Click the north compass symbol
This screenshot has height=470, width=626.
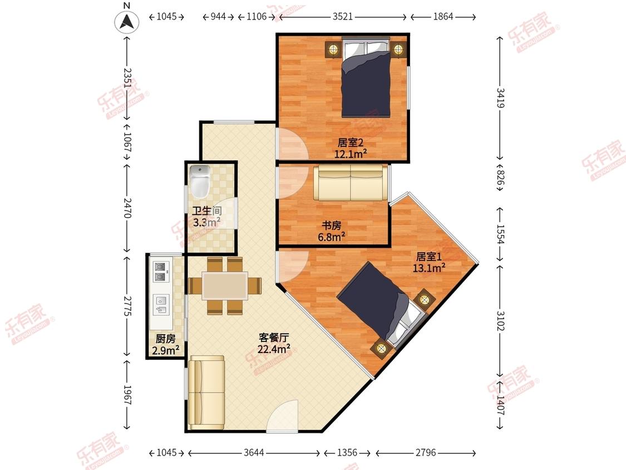coord(127,21)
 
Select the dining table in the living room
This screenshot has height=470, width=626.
coord(225,285)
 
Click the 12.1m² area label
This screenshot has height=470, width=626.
coord(350,154)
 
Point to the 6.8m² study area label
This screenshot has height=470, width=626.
coord(332,237)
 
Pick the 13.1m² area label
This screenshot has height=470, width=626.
coord(429,268)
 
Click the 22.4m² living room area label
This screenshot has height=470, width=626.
coord(273,349)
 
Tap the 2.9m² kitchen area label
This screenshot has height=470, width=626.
coord(165,350)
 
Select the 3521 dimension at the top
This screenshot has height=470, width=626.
coord(343,16)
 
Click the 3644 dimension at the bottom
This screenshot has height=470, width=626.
coord(254,452)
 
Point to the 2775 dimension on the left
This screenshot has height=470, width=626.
coord(127,306)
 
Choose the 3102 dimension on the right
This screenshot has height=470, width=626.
coord(500,321)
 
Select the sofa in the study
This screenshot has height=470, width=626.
coord(351,183)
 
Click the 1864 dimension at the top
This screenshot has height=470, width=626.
coord(443,16)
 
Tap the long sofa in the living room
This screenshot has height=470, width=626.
coord(206,393)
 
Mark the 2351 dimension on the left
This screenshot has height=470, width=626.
coord(127,78)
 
